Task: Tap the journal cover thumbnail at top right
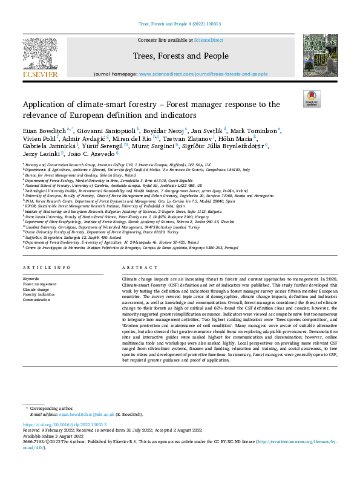(319, 56)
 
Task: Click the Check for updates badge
(311, 99)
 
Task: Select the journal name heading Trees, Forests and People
(180, 56)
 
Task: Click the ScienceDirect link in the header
(208, 40)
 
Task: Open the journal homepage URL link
(203, 74)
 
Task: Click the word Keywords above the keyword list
(31, 278)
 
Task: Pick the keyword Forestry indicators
(39, 294)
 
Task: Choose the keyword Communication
(36, 299)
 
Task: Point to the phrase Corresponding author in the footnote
(56, 409)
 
